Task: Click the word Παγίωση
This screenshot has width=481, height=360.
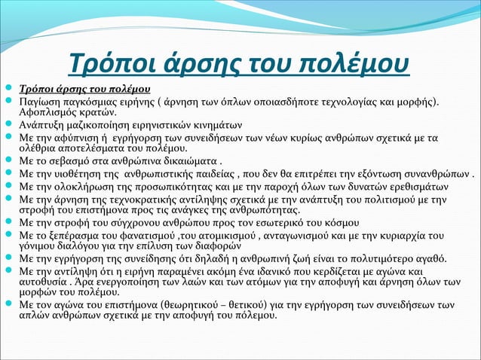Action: click(x=42, y=102)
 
